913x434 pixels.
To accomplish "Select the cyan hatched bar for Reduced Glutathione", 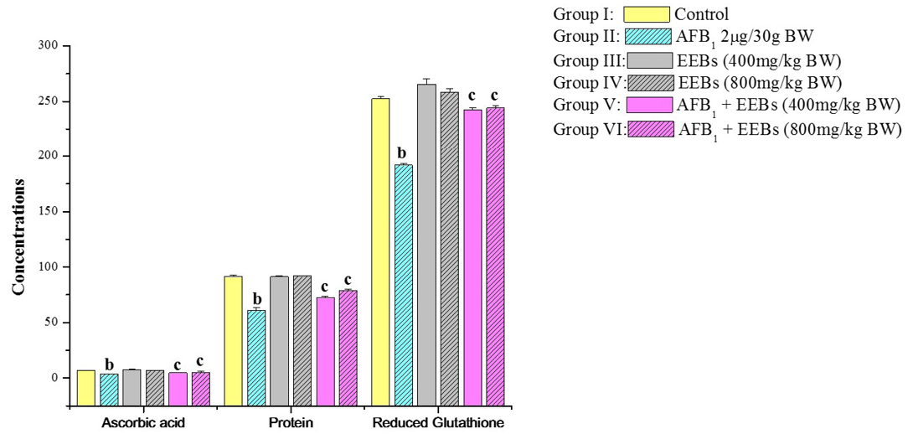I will (x=405, y=285).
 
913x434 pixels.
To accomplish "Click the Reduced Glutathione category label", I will (x=439, y=422).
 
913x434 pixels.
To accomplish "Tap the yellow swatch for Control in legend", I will (x=647, y=14).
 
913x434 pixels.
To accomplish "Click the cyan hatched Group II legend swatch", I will (x=647, y=36).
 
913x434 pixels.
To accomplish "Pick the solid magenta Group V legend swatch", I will (x=647, y=105).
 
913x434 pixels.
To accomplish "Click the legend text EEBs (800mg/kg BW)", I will (x=760, y=82).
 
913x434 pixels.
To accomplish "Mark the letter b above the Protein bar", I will (x=257, y=299).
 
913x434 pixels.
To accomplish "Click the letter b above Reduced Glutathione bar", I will (x=402, y=153).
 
